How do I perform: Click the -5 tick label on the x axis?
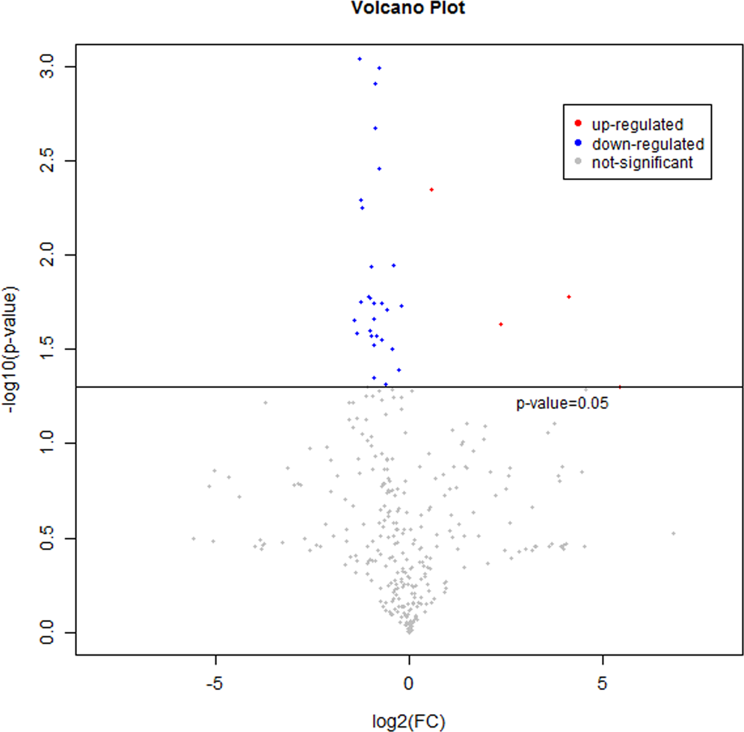click(x=215, y=683)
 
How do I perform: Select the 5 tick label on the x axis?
click(x=602, y=683)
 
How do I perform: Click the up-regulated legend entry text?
click(x=638, y=125)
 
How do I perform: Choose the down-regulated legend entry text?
click(x=648, y=144)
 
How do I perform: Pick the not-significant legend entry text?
click(x=642, y=162)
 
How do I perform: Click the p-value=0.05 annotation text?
click(x=562, y=404)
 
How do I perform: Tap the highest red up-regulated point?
click(x=431, y=190)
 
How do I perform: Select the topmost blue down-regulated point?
click(x=360, y=58)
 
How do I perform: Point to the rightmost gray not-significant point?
click(x=673, y=533)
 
